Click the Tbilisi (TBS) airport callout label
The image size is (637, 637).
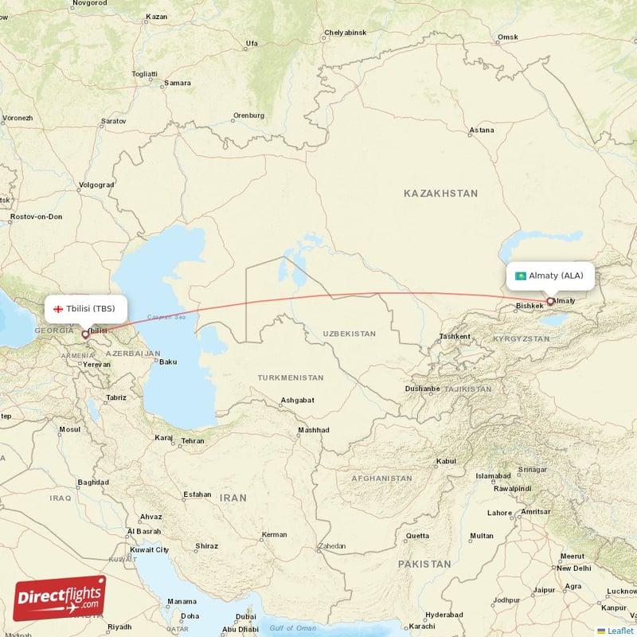[x=84, y=308]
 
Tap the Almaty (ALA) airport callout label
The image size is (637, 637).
[x=550, y=276]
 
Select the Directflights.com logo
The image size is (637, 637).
[x=60, y=598]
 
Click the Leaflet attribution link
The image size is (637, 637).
[x=620, y=630]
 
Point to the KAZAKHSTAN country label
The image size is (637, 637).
[x=440, y=193]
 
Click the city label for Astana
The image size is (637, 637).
[x=482, y=130]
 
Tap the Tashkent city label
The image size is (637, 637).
[x=455, y=336]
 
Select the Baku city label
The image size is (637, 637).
[x=168, y=362]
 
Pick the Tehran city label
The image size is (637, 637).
[x=193, y=440]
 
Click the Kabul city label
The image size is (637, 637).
[x=446, y=461]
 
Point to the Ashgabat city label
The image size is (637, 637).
[x=297, y=400]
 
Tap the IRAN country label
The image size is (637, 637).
[x=233, y=497]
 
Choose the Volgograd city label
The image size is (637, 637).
[x=96, y=186]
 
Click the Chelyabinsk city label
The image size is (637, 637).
[x=345, y=33]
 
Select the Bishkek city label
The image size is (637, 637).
[x=530, y=306]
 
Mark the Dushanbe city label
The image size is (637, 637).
[x=422, y=389]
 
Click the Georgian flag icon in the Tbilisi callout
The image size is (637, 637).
[x=58, y=308]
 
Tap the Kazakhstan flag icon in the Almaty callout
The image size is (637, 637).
[x=521, y=276]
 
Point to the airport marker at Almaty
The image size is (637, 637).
[x=549, y=301]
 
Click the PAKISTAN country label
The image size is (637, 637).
[x=424, y=564]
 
